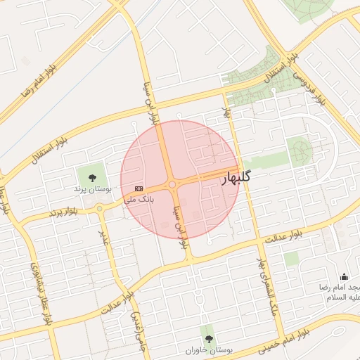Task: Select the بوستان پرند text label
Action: (92, 189)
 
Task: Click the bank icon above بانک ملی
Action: (139, 188)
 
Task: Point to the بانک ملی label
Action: (139, 200)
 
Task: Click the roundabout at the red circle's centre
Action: (172, 185)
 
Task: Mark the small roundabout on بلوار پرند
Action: (100, 208)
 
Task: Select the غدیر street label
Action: (104, 238)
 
